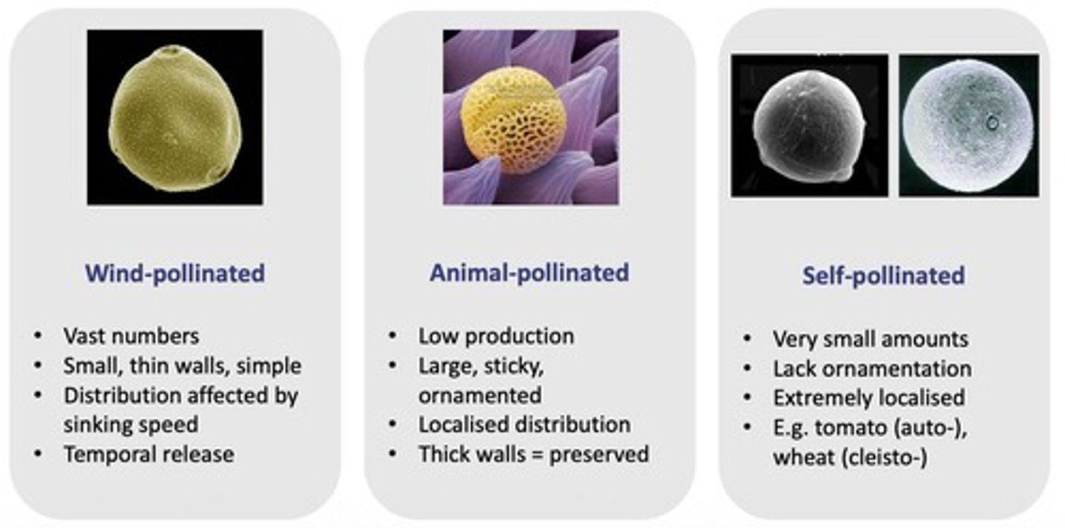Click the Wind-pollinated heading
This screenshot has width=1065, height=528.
click(x=175, y=274)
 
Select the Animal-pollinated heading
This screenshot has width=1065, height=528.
click(x=529, y=272)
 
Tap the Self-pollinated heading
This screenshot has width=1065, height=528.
click(x=883, y=275)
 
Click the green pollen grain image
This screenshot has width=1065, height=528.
click(x=175, y=118)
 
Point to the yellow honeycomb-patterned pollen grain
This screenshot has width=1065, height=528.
click(x=513, y=120)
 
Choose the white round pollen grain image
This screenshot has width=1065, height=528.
click(x=968, y=126)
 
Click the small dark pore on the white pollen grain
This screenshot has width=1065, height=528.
click(x=992, y=123)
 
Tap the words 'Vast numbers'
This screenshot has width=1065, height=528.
click(x=131, y=336)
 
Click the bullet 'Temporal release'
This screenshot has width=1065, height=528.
click(x=149, y=453)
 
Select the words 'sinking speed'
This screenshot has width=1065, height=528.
click(x=130, y=424)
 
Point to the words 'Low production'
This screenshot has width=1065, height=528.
click(x=496, y=336)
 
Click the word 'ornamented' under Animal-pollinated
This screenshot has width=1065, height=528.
click(x=479, y=395)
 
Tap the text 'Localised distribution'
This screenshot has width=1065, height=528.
click(x=524, y=424)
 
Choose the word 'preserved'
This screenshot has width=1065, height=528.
click(x=600, y=453)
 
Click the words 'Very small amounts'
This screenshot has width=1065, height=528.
click(x=870, y=339)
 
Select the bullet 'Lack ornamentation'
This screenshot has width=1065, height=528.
click(x=872, y=368)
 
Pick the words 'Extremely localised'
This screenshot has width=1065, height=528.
click(x=868, y=398)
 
